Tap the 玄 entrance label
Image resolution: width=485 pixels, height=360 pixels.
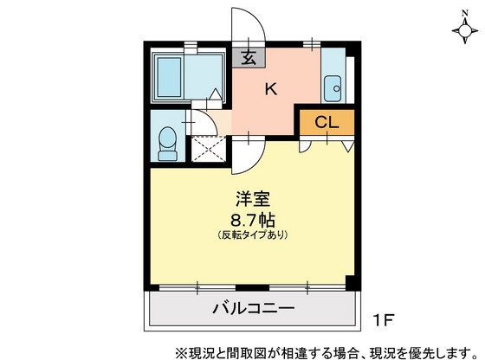(249, 60)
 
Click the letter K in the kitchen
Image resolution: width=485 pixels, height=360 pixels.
(270, 88)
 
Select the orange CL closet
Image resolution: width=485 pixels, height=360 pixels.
(327, 121)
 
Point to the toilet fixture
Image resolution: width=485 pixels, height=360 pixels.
(168, 139)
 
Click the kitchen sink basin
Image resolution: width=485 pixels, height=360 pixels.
(332, 87)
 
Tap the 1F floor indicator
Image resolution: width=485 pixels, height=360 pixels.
(384, 319)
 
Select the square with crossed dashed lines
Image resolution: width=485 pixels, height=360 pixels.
(208, 150)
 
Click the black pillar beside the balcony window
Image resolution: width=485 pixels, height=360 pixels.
(350, 283)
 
